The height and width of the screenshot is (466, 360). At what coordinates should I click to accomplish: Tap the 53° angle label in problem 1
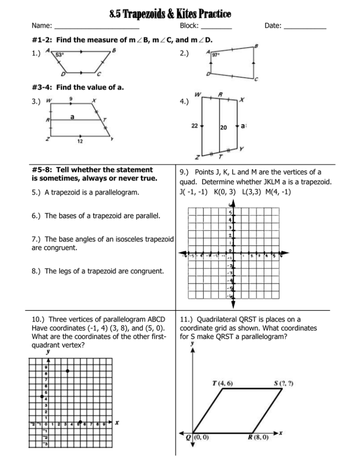click(x=60, y=54)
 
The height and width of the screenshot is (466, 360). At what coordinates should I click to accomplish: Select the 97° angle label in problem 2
click(x=216, y=55)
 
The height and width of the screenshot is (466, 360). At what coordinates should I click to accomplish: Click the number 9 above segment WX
click(x=70, y=99)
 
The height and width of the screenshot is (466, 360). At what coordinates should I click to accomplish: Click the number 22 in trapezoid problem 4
click(x=195, y=126)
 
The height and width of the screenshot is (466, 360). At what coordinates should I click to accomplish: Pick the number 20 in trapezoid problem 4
click(x=224, y=128)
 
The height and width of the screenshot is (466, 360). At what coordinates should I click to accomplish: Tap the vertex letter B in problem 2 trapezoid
click(x=255, y=46)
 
